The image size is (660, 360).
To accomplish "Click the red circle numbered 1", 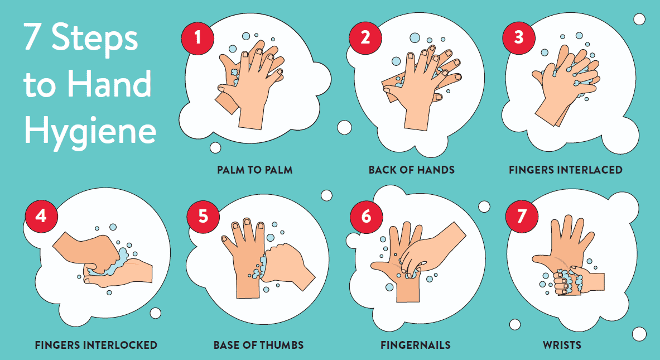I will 197,38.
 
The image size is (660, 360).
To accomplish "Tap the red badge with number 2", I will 365,38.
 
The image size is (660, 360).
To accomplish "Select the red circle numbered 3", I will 519,38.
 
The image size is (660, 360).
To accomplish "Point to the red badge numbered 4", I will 41,216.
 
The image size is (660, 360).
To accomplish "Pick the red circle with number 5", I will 203,216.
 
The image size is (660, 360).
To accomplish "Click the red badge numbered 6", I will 366,216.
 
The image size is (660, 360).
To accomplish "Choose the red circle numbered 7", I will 522,216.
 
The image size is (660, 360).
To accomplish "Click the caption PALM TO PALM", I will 255,170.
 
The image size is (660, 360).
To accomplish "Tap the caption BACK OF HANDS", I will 412,170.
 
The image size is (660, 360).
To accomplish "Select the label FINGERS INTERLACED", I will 565,170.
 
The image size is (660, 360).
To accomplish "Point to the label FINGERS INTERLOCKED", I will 96,345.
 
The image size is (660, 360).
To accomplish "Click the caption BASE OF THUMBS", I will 258,345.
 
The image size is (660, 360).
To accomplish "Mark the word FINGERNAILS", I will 415,345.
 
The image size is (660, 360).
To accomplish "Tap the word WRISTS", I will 562,345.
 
